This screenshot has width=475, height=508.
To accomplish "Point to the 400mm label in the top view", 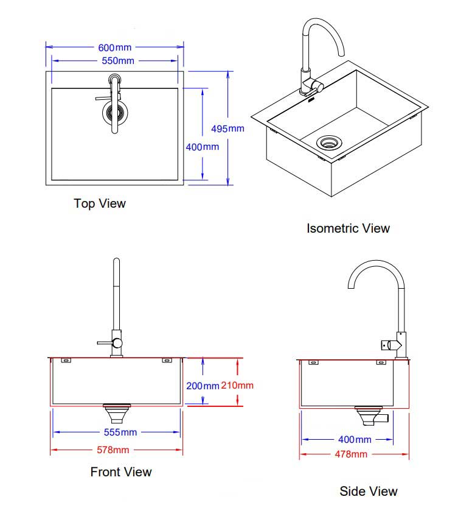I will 203,147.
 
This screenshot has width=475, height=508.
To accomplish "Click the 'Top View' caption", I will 100,203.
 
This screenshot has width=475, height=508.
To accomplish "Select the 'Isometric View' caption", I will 348,228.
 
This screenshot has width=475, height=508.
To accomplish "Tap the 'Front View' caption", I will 121,471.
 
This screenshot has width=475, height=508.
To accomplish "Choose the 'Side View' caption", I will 369,491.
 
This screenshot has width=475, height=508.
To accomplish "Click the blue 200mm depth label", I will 203,386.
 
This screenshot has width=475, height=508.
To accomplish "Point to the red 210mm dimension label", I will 237,385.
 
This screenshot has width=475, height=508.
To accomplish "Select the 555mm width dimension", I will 120,432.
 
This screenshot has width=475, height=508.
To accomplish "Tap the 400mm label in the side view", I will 355,439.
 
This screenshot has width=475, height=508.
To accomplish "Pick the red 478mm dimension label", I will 350,454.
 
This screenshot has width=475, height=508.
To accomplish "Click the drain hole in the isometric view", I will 330,143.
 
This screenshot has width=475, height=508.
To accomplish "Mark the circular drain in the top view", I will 114,111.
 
